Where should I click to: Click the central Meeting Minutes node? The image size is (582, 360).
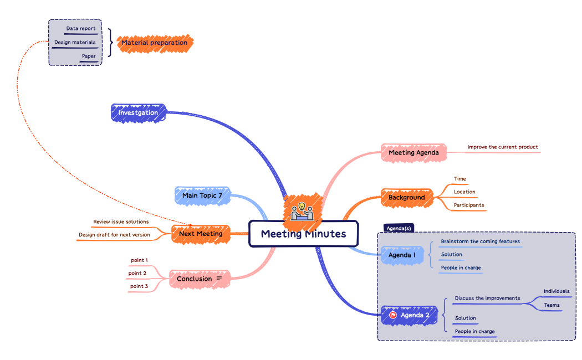coord(303,234)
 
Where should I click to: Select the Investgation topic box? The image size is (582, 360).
coord(138,113)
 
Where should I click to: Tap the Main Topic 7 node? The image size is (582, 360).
coord(202,196)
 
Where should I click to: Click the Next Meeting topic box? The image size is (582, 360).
coord(200,234)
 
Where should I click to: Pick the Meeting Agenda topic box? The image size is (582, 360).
coord(413,152)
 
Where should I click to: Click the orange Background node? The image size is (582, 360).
coord(406,197)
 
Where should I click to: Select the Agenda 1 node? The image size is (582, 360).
coord(402,255)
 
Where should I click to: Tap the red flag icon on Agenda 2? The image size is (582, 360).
coord(392,315)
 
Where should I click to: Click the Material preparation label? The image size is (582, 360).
coord(154,43)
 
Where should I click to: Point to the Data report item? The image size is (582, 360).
coord(81,29)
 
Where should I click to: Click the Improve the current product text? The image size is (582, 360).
coord(502,147)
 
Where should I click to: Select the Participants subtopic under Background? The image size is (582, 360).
coord(468,205)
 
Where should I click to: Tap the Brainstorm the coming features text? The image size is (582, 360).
coord(480,241)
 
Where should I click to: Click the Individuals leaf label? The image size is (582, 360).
coord(556,291)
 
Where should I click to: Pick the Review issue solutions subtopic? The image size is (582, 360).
coord(121,222)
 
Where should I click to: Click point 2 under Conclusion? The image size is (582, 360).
coord(137,273)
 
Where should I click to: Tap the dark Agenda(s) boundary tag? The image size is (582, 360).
coord(398,228)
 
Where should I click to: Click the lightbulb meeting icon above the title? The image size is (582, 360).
coord(302,210)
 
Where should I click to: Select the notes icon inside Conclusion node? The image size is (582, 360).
coord(219,278)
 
